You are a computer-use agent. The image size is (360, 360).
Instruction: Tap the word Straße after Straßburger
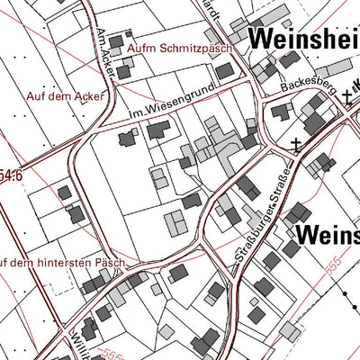[x=281, y=184]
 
